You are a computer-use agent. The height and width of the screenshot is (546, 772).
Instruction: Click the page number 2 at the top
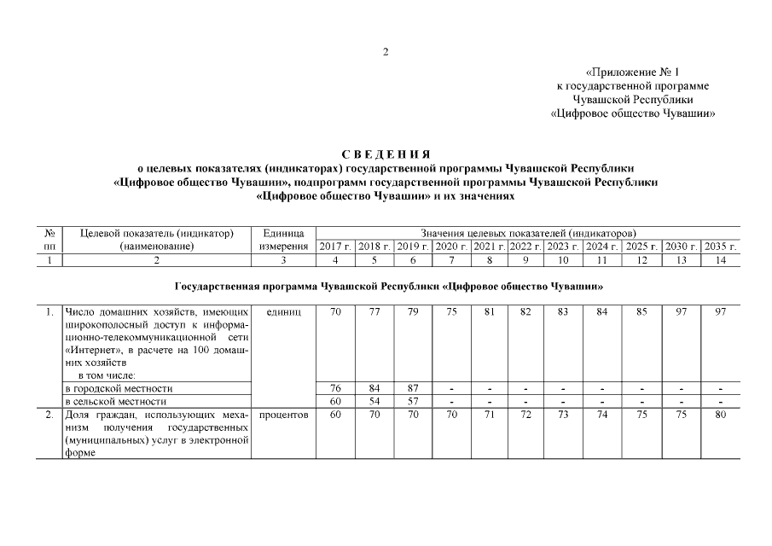coord(386,53)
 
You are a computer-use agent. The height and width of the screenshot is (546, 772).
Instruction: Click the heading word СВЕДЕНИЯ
coord(386,154)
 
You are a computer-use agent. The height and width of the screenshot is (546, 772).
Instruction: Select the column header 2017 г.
coord(335,247)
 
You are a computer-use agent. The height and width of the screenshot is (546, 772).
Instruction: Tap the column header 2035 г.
coord(721,247)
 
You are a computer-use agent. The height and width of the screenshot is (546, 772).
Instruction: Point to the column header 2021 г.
coord(489,247)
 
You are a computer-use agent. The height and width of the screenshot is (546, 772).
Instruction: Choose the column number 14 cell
coord(721,260)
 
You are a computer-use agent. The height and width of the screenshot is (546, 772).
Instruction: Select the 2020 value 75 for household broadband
coord(451,312)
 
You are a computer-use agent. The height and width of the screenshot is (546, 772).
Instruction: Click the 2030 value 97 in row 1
coord(682,312)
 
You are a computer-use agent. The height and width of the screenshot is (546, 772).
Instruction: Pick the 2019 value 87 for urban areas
coord(413,388)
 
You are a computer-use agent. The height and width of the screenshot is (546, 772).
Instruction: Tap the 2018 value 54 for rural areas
coord(374,401)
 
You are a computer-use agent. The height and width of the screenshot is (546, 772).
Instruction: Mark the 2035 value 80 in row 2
coord(721,415)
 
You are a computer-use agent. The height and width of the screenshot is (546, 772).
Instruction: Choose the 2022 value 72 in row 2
coord(525,415)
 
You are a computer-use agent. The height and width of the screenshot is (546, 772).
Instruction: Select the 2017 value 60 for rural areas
coord(335,401)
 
